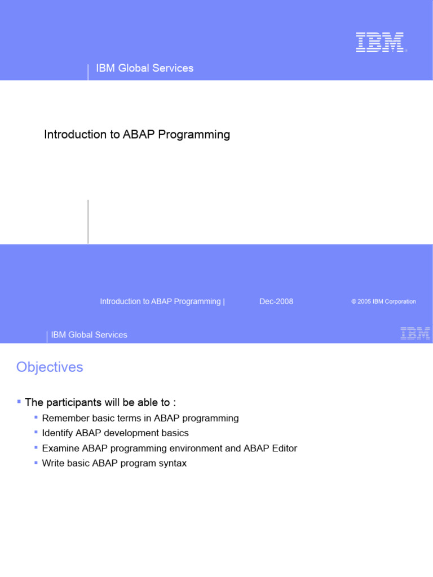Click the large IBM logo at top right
pos(380,42)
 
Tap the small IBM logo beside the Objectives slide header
pos(415,334)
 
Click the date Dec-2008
pos(276,301)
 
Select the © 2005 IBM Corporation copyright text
pos(383,301)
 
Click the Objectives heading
pos(50,367)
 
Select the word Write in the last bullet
pos(52,464)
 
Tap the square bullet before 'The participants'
pos(19,401)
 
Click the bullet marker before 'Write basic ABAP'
pos(36,462)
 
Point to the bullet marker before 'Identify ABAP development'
pos(36,432)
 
